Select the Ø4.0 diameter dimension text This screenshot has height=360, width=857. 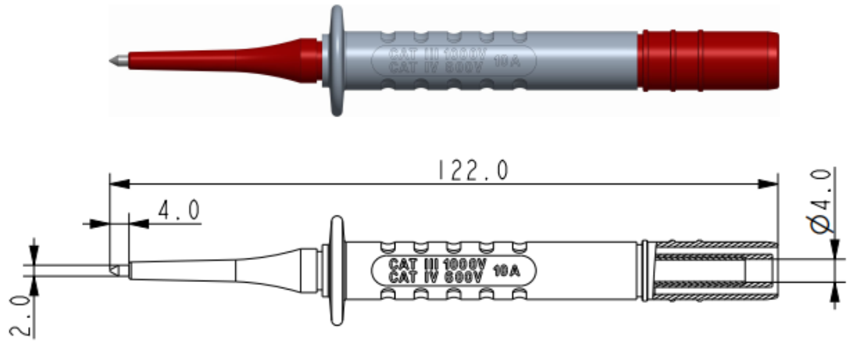click(x=823, y=200)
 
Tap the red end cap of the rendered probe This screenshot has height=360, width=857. click(x=707, y=60)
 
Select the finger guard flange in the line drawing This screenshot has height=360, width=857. click(x=337, y=270)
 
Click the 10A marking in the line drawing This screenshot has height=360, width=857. click(x=506, y=270)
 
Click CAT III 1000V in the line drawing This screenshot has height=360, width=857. click(x=437, y=264)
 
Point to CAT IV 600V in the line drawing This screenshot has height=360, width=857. click(x=437, y=276)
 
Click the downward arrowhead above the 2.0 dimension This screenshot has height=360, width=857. click(x=34, y=255)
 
